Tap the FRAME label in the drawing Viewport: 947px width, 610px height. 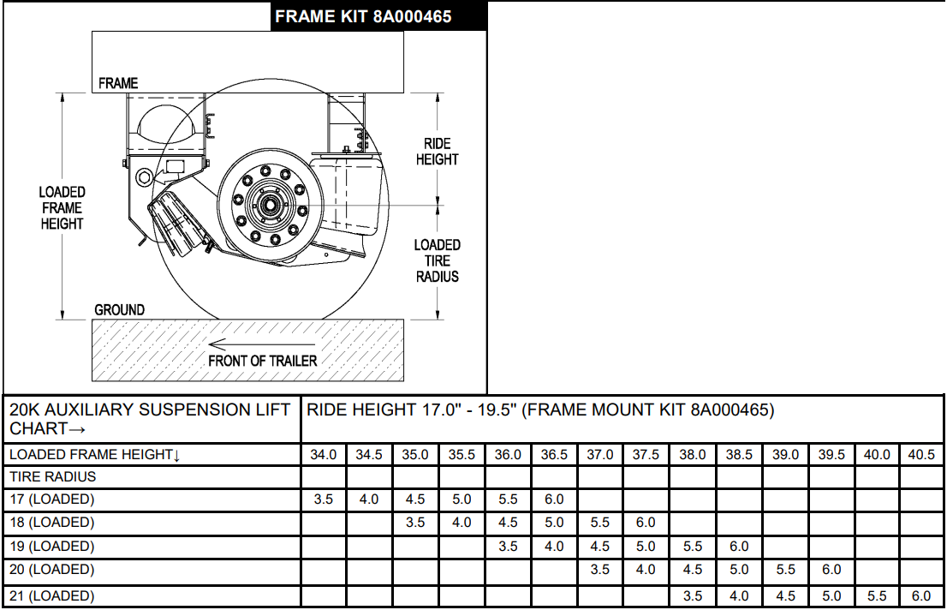pyautogui.click(x=118, y=83)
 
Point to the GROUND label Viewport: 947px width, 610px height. pyautogui.click(x=120, y=310)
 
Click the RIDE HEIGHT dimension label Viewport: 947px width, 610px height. pyautogui.click(x=438, y=152)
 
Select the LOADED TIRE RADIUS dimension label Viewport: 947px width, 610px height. pyautogui.click(x=438, y=260)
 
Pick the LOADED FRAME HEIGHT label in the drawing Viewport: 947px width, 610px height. pyautogui.click(x=62, y=207)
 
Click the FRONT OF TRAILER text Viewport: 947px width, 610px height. pyautogui.click(x=263, y=361)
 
